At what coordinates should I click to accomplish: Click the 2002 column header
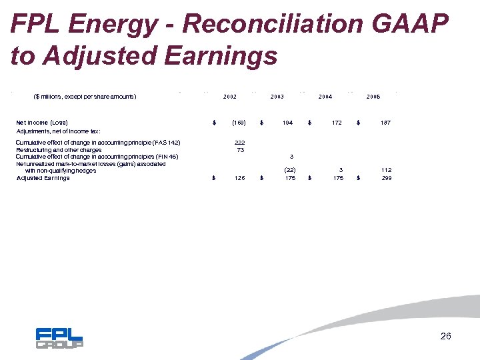pos(230,97)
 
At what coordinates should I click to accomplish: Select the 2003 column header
pos(278,97)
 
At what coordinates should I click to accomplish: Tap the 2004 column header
pos(325,97)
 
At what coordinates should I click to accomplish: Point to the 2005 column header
pos(373,97)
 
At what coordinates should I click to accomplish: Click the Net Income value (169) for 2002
pos(239,123)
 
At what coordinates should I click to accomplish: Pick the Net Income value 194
pos(288,123)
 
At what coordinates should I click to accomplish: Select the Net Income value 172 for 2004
pos(337,123)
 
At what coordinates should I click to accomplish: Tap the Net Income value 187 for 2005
pos(385,123)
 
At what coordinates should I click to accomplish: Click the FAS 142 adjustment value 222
pos(240,143)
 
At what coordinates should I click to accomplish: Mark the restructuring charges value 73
pos(241,150)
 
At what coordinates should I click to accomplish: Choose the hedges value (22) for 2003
pos(289,171)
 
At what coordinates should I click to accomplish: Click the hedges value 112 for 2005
pos(386,171)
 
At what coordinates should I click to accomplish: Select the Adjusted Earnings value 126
pos(240,178)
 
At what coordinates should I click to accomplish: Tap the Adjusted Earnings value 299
pos(386,178)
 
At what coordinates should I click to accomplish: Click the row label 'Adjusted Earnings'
pos(43,178)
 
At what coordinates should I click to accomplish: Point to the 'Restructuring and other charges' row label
pos(59,150)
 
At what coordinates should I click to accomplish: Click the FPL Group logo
pos(59,338)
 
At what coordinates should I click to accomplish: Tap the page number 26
pos(446,336)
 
